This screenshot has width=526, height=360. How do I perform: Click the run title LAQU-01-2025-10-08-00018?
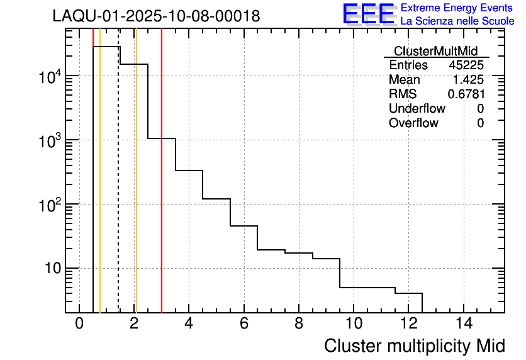[x=156, y=16]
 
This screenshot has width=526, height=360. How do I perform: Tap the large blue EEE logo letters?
[x=369, y=14]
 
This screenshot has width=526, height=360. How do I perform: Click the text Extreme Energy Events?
[x=457, y=8]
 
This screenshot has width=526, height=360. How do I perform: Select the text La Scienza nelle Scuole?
[x=457, y=21]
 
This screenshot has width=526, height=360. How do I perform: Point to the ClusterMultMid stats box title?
[x=435, y=51]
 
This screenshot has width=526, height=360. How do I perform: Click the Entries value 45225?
[x=466, y=65]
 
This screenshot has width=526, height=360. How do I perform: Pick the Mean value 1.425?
[x=468, y=80]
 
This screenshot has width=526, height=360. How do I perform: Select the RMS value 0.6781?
[x=466, y=94]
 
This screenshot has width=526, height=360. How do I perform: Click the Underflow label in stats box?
[x=417, y=108]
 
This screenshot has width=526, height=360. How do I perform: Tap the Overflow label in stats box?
[x=413, y=123]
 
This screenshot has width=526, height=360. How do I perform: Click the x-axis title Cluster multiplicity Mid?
[x=414, y=346]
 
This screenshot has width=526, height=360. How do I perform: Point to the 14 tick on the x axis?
[x=463, y=324]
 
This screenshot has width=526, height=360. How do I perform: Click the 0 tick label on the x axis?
[x=79, y=324]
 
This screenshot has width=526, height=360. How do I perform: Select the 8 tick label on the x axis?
[x=298, y=324]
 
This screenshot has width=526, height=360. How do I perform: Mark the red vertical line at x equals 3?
[x=162, y=189]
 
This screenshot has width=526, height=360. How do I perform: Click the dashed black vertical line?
[x=118, y=189]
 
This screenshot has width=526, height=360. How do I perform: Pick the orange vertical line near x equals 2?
[x=136, y=189]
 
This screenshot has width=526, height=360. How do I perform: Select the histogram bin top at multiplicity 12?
[x=408, y=293]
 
